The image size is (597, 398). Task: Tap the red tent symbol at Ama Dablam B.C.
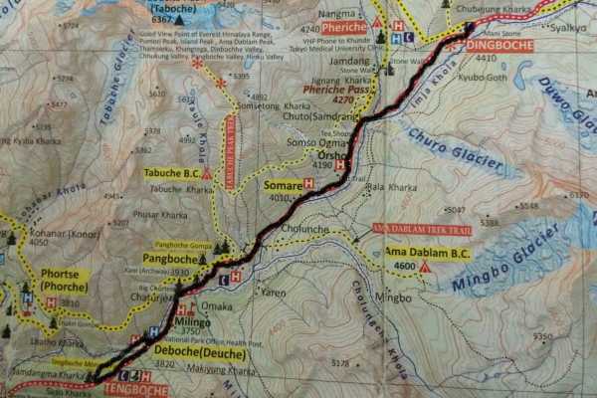tap(424, 267)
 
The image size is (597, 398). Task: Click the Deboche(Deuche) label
tap(198, 350)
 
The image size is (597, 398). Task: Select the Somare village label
tap(282, 184)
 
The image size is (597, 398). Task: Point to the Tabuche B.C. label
tap(171, 172)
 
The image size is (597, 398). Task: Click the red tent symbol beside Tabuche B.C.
tap(206, 173)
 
